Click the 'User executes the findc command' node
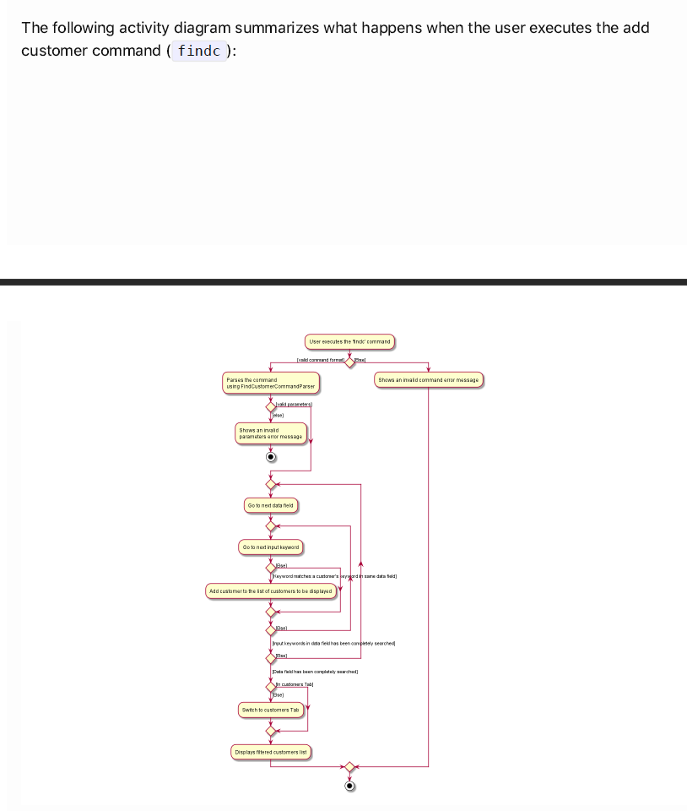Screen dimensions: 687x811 coord(349,342)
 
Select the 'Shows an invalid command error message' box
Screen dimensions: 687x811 coord(428,380)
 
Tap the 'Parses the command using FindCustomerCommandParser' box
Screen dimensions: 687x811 coord(270,383)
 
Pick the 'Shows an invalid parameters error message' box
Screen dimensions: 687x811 coord(270,433)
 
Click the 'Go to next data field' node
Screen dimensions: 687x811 coord(270,505)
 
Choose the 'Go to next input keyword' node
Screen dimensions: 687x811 coord(270,547)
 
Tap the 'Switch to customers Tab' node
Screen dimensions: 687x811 coord(270,710)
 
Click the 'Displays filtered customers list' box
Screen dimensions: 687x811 coord(270,752)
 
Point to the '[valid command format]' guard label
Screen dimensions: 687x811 coord(321,361)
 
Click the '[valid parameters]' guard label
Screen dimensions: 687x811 coord(294,405)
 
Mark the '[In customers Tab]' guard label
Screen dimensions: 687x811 coord(294,684)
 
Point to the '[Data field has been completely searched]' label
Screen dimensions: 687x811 coord(315,672)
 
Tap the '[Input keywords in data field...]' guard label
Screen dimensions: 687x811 coord(333,644)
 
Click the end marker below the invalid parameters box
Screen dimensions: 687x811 coord(270,457)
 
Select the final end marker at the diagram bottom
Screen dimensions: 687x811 coord(349,786)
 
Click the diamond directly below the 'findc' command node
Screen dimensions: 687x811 coord(349,362)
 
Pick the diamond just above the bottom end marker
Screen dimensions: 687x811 coord(349,766)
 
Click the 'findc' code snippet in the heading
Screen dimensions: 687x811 coord(199,51)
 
